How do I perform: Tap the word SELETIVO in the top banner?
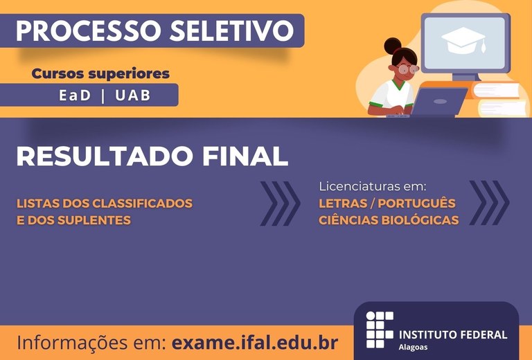pos(232,31)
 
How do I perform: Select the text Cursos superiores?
pos(100,73)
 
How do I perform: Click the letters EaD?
pos(75,96)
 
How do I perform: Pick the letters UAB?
pos(133,96)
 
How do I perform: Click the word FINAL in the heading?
pos(245,156)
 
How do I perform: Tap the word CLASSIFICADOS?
pos(143,204)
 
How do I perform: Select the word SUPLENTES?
pos(94,220)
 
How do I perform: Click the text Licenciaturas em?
pos(372,186)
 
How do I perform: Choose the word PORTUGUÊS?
pos(416,204)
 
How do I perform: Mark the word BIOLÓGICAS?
pos(420,220)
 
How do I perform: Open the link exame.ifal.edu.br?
pos(255,343)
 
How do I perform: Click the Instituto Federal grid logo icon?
pos(380,330)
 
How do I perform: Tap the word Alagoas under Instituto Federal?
pos(413,348)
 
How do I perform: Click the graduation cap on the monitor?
pos(464,40)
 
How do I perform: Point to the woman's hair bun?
pos(393,46)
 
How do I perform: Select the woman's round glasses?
pos(408,69)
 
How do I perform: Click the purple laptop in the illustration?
pos(438,102)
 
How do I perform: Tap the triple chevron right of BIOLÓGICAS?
pos(489,203)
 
